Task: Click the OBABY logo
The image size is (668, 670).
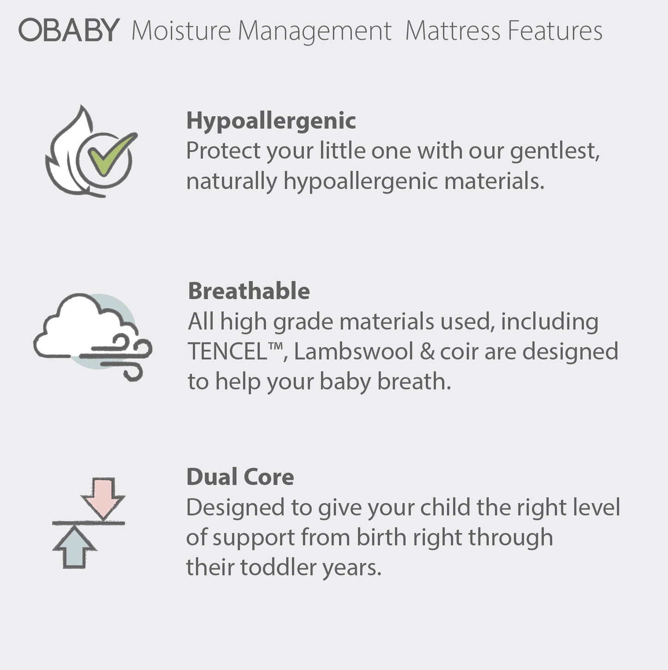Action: [x=69, y=31]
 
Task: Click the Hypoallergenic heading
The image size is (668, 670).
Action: [x=271, y=121]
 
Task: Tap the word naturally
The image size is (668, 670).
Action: [x=231, y=181]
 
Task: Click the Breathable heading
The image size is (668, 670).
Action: [x=249, y=291]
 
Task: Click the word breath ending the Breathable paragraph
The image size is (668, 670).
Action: [x=413, y=382]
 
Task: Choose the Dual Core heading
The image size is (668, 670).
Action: [x=240, y=477]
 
